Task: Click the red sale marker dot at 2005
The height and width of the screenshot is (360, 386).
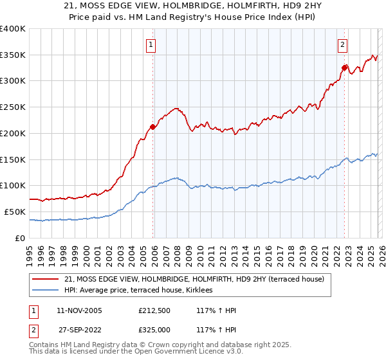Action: pyautogui.click(x=152, y=127)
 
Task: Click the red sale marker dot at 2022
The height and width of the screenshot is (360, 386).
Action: pyautogui.click(x=344, y=67)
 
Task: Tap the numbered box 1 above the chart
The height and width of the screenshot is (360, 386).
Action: pyautogui.click(x=151, y=45)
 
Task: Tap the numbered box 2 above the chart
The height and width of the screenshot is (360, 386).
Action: pyautogui.click(x=342, y=45)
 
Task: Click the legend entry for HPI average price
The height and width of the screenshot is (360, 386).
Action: pyautogui.click(x=142, y=291)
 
